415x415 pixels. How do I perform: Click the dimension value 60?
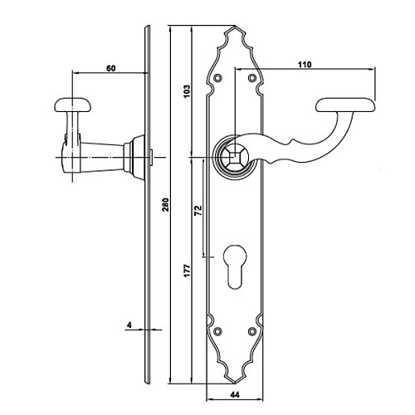[111, 68]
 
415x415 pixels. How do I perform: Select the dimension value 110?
[305, 65]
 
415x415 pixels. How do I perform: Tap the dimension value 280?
[165, 204]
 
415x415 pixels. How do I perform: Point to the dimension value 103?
[187, 91]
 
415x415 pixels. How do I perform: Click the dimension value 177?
[187, 271]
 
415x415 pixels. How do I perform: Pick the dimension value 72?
[198, 211]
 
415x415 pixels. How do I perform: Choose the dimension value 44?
[234, 395]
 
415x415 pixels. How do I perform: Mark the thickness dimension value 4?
[129, 325]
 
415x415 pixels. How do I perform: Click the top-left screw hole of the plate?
[219, 78]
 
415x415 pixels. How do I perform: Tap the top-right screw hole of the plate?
[251, 78]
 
